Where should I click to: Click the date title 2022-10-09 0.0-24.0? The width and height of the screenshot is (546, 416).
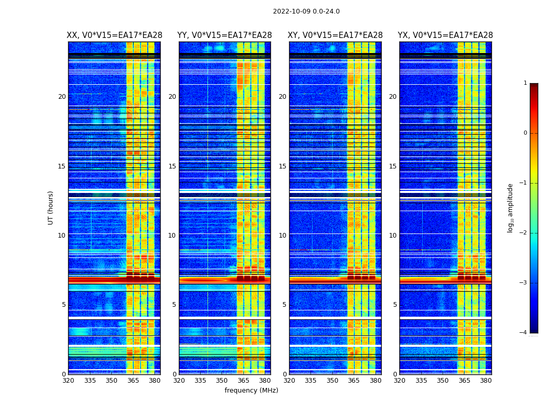coord(306,11)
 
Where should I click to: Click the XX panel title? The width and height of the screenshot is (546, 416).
coord(114,35)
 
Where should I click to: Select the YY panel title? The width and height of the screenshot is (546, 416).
coord(225,35)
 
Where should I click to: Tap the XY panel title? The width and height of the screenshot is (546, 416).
coord(335,35)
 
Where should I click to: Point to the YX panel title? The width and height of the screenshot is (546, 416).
coord(446,35)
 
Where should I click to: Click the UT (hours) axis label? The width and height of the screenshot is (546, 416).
coord(51,207)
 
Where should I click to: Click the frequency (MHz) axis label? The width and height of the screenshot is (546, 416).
coord(251,391)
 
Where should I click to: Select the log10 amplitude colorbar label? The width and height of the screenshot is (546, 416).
coord(511,207)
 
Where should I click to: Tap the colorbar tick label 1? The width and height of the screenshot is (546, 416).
coord(525,83)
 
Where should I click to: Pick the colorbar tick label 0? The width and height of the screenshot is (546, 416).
coord(525,133)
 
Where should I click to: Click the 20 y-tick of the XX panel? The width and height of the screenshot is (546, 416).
coord(62,97)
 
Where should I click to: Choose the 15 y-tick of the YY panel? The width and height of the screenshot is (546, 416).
coord(172,166)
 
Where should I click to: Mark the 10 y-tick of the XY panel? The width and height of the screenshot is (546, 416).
coord(282,236)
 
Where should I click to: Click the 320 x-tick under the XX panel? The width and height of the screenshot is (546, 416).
coord(68,381)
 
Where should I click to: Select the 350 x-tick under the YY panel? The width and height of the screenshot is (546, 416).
coord(222,381)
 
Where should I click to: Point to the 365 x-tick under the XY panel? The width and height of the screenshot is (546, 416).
coord(354,381)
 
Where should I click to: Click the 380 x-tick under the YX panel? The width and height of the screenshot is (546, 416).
coord(486,381)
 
